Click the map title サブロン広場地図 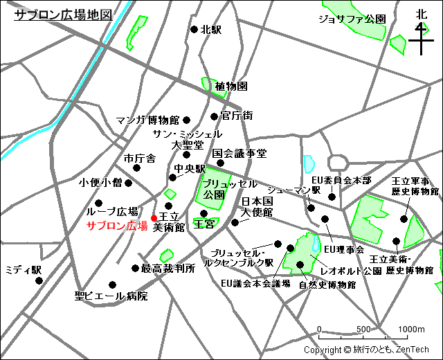(63, 15)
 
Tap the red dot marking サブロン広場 (154, 219)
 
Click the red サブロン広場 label (116, 226)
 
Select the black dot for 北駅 (195, 30)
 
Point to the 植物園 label (230, 87)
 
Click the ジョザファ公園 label (352, 19)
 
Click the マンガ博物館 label (147, 120)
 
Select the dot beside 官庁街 (214, 116)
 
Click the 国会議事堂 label (239, 153)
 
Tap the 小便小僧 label (100, 183)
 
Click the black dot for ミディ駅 (39, 281)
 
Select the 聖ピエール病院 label (111, 296)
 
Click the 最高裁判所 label (168, 268)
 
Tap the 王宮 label (204, 224)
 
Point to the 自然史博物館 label (327, 285)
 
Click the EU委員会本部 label (342, 180)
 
